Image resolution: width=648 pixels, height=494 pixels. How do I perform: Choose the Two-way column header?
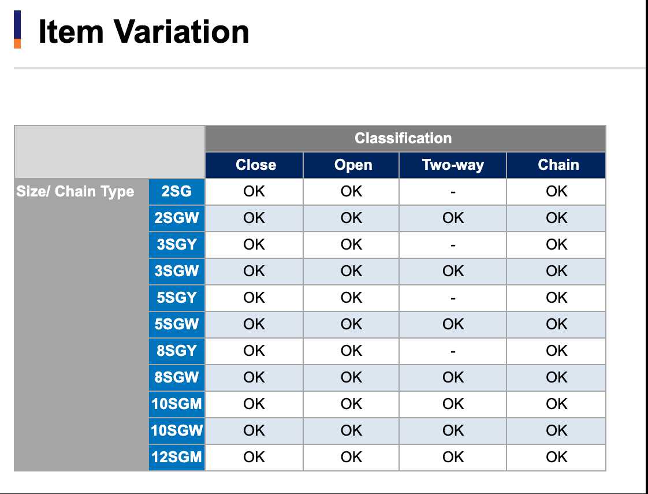click(453, 165)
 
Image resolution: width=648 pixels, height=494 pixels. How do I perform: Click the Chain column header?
click(558, 165)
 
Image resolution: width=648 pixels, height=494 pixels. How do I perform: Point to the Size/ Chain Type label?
click(75, 191)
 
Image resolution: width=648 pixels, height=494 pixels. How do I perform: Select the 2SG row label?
click(177, 191)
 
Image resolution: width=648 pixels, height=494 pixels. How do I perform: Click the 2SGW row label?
click(177, 218)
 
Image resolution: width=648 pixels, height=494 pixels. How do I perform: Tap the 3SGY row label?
click(177, 244)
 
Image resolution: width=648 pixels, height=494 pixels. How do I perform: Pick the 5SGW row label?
click(177, 324)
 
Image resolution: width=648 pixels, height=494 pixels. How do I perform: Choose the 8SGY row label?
click(177, 351)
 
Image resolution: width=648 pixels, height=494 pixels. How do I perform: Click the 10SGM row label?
click(177, 404)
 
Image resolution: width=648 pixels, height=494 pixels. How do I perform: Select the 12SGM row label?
click(177, 457)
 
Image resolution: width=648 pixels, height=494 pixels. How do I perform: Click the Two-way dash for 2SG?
click(453, 192)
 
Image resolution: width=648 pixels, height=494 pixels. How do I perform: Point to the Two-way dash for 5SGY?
click(453, 299)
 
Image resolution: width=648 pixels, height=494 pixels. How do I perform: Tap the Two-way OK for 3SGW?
click(453, 271)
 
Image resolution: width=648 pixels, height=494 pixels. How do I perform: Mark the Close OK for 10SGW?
click(254, 430)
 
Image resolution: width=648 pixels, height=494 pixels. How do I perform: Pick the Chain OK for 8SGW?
click(556, 377)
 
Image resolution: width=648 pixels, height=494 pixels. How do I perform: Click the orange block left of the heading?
click(17, 43)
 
